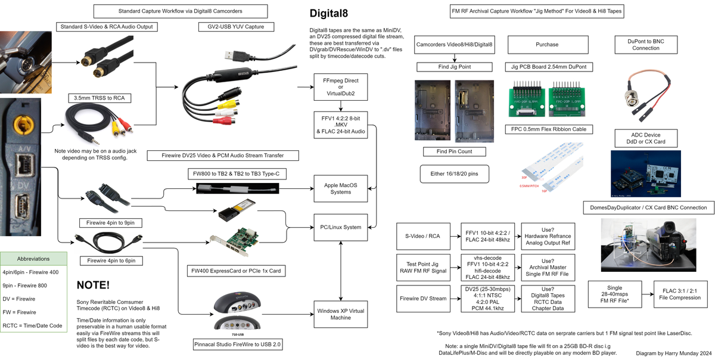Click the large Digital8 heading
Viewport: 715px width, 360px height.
pyautogui.click(x=337, y=14)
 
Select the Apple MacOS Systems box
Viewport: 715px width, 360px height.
pyautogui.click(x=340, y=188)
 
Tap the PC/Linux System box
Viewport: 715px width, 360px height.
pyautogui.click(x=340, y=227)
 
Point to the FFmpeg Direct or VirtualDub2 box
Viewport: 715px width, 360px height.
pyautogui.click(x=340, y=86)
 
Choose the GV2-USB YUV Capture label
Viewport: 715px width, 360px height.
pyautogui.click(x=235, y=26)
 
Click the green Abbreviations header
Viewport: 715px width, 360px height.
pyautogui.click(x=34, y=259)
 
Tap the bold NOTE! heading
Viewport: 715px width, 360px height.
pyautogui.click(x=93, y=285)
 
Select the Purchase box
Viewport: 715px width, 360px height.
pyautogui.click(x=547, y=44)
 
